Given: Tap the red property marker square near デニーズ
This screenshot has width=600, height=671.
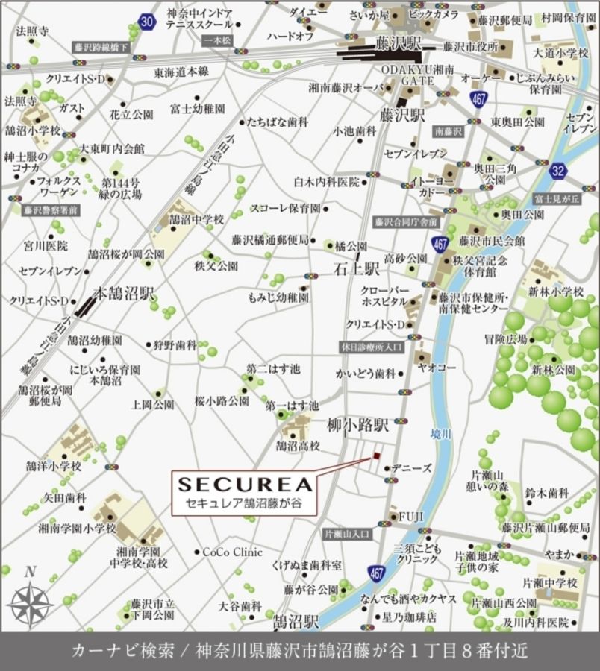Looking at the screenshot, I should tap(378, 456).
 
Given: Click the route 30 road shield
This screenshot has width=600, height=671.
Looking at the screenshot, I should tap(147, 22).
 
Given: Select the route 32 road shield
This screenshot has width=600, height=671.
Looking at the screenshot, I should tap(558, 171).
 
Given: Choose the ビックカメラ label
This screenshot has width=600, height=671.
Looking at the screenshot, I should tap(434, 14).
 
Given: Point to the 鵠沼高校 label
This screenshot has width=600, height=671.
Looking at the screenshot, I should tap(298, 446).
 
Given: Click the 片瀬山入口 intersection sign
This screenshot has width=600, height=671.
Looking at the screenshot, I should tap(348, 534).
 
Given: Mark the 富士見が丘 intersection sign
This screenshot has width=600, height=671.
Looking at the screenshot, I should tap(552, 197).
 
